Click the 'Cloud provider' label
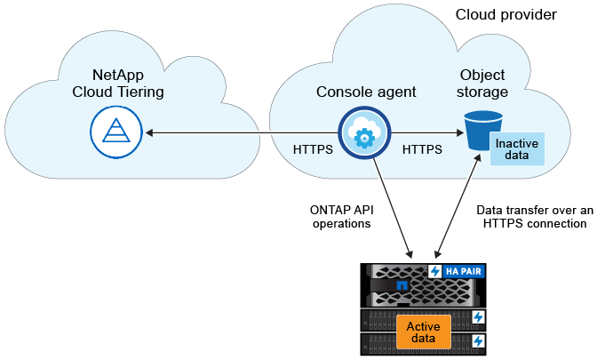point(506,15)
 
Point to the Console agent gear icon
point(362,136)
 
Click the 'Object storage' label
point(483,84)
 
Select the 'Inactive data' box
point(516,149)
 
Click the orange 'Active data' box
point(423,333)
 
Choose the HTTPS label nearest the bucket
point(422,150)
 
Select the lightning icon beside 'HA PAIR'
point(436,272)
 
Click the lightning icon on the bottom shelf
point(478,340)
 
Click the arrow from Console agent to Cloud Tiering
point(240,134)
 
